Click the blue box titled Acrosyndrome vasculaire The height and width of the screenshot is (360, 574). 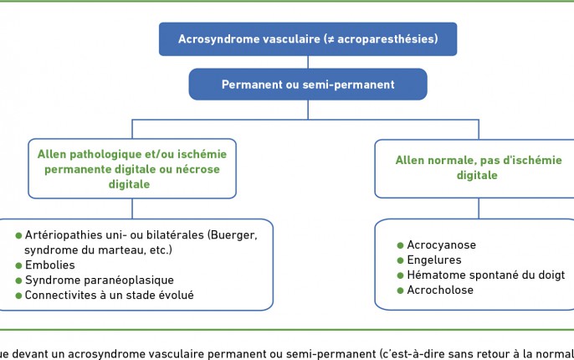pyautogui.click(x=308, y=39)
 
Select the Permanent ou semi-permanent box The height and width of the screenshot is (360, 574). pyautogui.click(x=308, y=85)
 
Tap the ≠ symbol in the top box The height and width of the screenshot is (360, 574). pyautogui.click(x=331, y=39)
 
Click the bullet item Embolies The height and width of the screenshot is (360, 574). pyautogui.click(x=50, y=265)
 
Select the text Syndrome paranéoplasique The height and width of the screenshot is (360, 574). pyautogui.click(x=100, y=280)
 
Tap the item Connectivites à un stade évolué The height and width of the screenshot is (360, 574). pyautogui.click(x=109, y=296)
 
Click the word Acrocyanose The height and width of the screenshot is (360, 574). pyautogui.click(x=442, y=244)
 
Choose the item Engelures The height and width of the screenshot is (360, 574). pyautogui.click(x=434, y=260)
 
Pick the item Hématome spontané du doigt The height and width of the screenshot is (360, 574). pyautogui.click(x=486, y=275)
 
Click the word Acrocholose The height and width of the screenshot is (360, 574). pyautogui.click(x=440, y=290)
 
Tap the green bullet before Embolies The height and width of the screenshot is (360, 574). pyautogui.click(x=19, y=265)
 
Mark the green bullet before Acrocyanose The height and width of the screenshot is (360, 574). pyautogui.click(x=401, y=245)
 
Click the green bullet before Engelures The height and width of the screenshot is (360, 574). pyautogui.click(x=401, y=260)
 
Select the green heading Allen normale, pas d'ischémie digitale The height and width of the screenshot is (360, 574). pyautogui.click(x=478, y=167)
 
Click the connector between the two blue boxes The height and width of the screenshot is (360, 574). pyautogui.click(x=308, y=62)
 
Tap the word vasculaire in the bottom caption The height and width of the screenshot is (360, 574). pyautogui.click(x=167, y=354)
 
